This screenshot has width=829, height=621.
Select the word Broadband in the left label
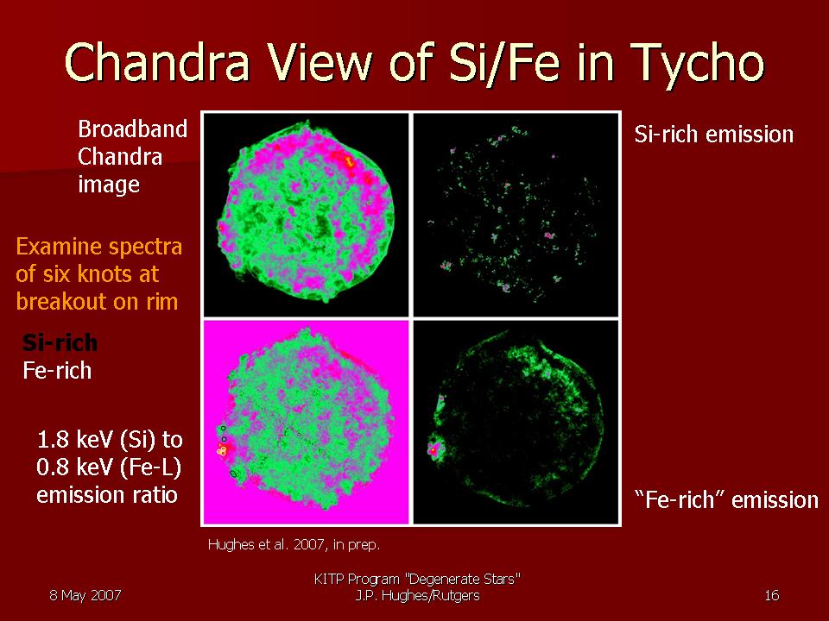pyautogui.click(x=132, y=129)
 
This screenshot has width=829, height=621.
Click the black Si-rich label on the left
pyautogui.click(x=60, y=342)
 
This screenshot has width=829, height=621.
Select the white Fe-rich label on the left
pyautogui.click(x=57, y=371)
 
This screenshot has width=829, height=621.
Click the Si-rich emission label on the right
pyautogui.click(x=714, y=135)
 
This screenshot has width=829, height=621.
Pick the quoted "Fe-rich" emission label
pyautogui.click(x=726, y=499)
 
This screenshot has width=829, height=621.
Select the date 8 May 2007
pyautogui.click(x=85, y=595)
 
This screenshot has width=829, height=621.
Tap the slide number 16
pyautogui.click(x=772, y=595)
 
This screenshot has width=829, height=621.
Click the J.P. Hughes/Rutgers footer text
pyautogui.click(x=418, y=596)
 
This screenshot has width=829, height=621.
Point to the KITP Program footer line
pyautogui.click(x=418, y=579)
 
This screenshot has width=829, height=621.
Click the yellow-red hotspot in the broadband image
pyautogui.click(x=349, y=160)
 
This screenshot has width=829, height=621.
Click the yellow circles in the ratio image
pyautogui.click(x=222, y=450)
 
